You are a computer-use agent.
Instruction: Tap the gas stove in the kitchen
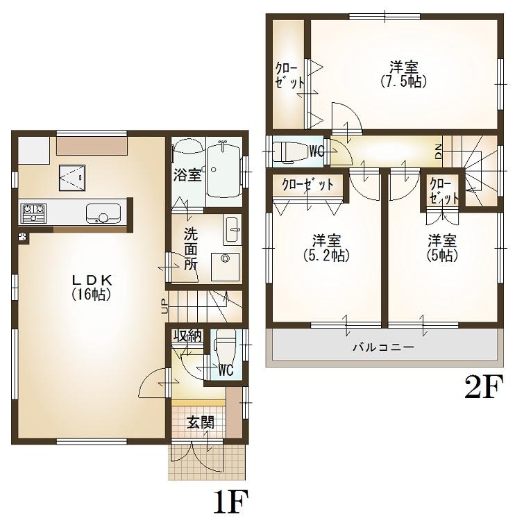(33, 213)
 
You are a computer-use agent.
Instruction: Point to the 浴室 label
(187, 174)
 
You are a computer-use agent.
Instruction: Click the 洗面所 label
(191, 249)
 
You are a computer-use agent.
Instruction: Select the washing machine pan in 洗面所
(225, 265)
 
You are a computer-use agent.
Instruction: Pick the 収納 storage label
(187, 336)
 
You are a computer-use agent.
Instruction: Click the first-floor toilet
(226, 345)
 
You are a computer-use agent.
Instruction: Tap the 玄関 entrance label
(199, 422)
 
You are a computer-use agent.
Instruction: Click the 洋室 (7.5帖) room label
(403, 74)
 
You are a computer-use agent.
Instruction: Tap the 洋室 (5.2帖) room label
(326, 247)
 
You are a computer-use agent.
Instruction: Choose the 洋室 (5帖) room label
(441, 247)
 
